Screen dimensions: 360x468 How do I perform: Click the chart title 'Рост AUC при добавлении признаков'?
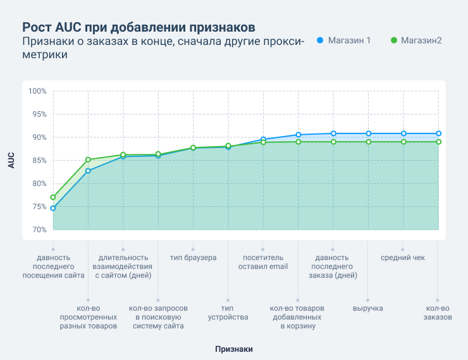point(139,27)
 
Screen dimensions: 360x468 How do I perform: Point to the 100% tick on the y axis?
point(38,91)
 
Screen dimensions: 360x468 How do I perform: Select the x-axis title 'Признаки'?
point(233,349)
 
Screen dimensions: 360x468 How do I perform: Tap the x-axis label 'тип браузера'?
point(193,258)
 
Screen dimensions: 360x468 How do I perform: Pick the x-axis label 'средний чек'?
point(403,258)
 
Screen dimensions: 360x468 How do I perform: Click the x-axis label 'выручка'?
point(368,308)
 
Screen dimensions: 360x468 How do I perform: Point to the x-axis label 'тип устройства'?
point(228,313)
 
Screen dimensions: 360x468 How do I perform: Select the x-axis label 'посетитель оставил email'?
point(262,262)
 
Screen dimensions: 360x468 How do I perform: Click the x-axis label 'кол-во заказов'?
point(438,313)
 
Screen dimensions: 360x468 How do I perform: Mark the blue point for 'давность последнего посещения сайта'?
point(53,208)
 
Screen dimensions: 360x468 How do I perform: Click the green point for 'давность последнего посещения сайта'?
point(53,197)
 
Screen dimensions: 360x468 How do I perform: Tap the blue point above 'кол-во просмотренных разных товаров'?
point(88,171)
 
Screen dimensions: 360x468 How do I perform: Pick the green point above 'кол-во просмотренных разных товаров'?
point(88,159)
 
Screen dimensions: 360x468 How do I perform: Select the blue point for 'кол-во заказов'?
point(438,133)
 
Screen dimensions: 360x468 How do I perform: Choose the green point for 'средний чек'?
point(403,142)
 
